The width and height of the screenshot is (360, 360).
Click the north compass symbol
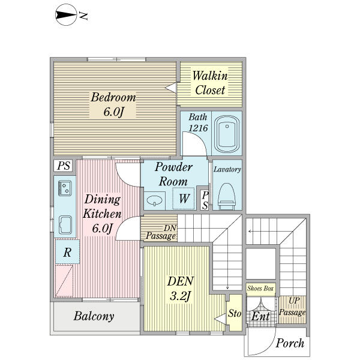tap(66, 15)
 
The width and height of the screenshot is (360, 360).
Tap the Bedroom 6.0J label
tap(113, 104)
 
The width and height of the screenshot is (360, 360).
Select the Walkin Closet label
tap(210, 83)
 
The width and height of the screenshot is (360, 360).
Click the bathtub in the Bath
tap(227, 134)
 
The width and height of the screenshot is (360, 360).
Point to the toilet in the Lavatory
tap(227, 196)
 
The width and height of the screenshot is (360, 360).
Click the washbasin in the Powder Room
tap(154, 201)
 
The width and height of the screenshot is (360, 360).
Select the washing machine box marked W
tap(184, 199)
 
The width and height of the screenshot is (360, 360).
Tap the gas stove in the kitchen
tap(65, 188)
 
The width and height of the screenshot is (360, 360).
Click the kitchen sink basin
tap(65, 225)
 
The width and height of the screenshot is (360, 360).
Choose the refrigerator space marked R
tap(67, 252)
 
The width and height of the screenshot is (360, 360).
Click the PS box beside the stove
tap(63, 166)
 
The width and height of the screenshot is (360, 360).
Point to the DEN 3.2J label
tap(180, 289)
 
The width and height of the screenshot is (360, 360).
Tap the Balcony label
tap(94, 316)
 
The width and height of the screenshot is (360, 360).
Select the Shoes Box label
tap(260, 288)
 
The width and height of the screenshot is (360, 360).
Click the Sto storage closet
tap(234, 313)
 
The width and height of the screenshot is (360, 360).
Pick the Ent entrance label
tap(260, 316)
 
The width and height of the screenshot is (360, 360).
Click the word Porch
tap(290, 343)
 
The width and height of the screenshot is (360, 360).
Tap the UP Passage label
tap(293, 307)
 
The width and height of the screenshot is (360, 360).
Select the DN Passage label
tap(161, 232)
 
